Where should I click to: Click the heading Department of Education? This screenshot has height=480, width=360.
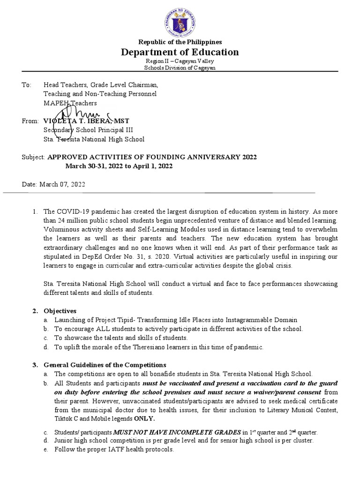tap(180, 52)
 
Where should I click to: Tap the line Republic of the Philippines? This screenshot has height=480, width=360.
tap(180, 42)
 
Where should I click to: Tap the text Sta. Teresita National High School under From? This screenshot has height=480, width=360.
tap(94, 139)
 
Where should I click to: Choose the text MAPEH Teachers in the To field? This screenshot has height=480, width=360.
tap(70, 103)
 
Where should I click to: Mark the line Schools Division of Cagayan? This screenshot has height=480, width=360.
tap(180, 68)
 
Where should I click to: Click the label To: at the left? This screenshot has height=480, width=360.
tap(26, 85)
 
